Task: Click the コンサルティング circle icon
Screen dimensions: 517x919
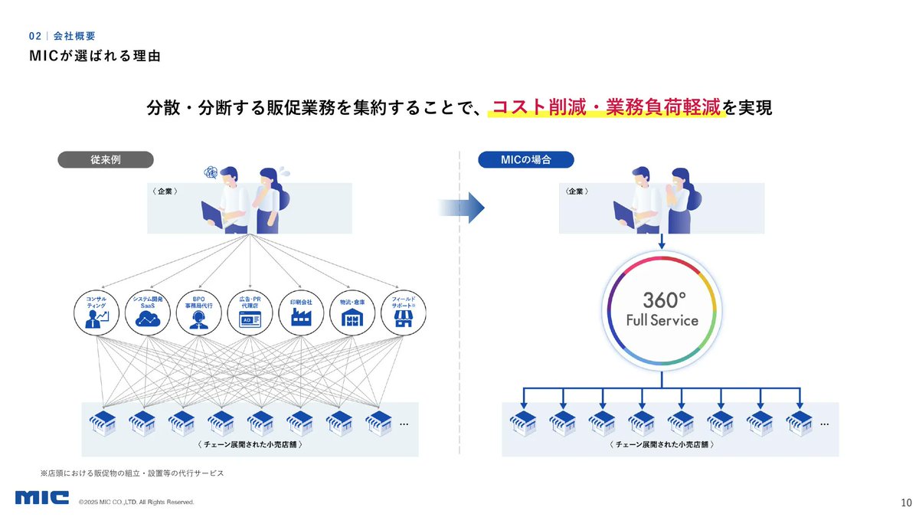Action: pos(97,311)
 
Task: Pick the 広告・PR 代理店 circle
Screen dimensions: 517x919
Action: pos(250,311)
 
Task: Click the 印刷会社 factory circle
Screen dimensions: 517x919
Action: pos(301,311)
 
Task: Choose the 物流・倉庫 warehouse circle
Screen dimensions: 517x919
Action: pos(352,311)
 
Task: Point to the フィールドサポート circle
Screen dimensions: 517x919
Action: pos(403,311)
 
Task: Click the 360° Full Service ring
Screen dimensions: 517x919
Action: pos(662,309)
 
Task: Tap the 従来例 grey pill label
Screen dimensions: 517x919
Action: pos(106,159)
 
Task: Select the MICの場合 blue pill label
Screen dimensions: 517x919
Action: pos(526,159)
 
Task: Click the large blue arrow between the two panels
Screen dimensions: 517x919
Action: pos(462,207)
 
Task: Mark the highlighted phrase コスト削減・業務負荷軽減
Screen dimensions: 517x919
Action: pos(607,108)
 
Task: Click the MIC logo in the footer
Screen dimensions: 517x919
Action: pos(42,498)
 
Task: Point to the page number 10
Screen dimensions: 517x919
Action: pos(906,503)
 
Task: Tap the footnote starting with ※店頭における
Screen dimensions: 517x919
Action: pos(132,473)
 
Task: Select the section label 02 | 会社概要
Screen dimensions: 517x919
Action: pos(62,36)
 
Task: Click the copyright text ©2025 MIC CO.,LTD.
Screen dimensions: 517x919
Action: pos(136,502)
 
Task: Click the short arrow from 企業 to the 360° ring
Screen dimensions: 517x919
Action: pos(662,242)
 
